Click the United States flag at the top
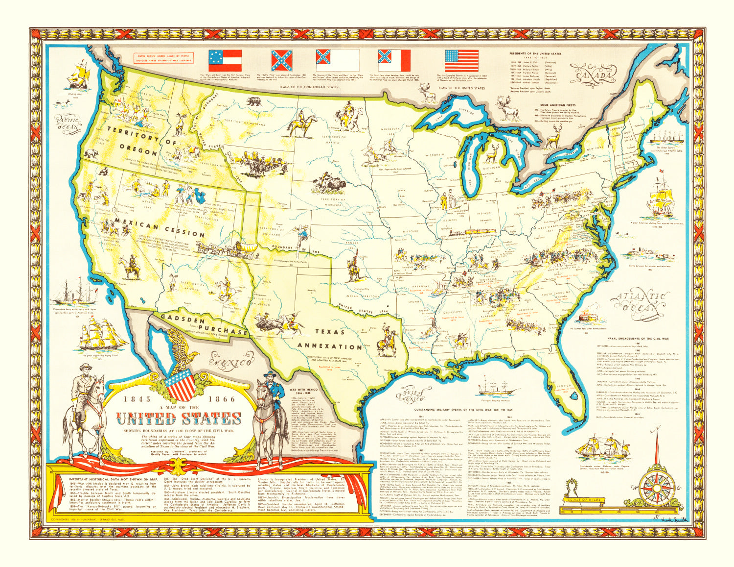pyautogui.click(x=461, y=60)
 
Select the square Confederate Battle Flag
pyautogui.click(x=282, y=60)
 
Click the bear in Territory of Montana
pyautogui.click(x=253, y=102)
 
